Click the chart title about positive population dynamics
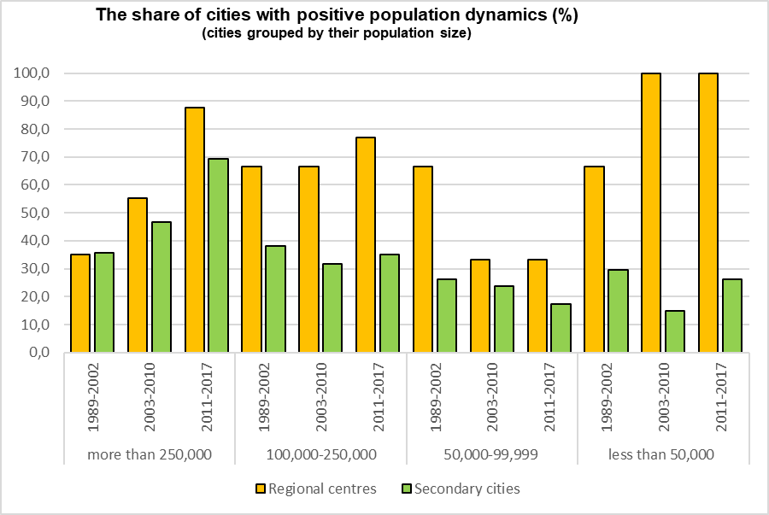338,16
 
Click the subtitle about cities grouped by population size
338,34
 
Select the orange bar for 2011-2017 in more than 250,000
194,230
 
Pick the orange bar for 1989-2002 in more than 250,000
80,303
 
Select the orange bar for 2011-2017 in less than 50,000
707,213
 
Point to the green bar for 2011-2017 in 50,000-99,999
561,328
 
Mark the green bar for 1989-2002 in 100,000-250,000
275,299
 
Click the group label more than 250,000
150,454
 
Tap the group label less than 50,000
661,454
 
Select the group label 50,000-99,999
491,454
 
